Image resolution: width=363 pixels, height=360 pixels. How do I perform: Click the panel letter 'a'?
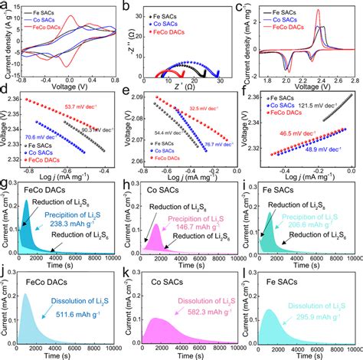5,6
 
